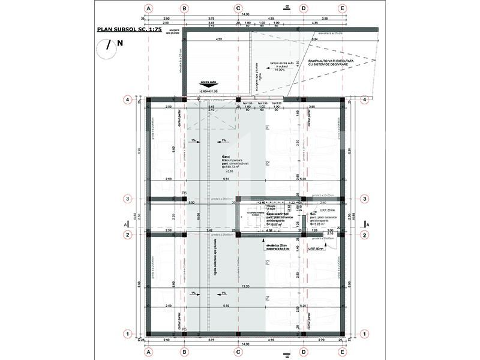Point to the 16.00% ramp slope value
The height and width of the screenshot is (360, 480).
(x=278, y=70)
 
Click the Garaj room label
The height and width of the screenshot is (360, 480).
(x=226, y=157)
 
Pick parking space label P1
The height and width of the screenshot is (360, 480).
(x=268, y=128)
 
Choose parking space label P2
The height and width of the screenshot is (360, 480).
(x=268, y=163)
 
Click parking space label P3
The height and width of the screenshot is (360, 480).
(x=268, y=262)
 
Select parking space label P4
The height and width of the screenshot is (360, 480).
(x=268, y=298)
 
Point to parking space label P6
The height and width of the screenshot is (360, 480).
(x=184, y=193)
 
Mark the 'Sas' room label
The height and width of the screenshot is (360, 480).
(x=313, y=214)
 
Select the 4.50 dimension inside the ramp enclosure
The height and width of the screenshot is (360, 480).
(x=219, y=39)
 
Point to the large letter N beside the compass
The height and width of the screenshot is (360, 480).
(x=120, y=43)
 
